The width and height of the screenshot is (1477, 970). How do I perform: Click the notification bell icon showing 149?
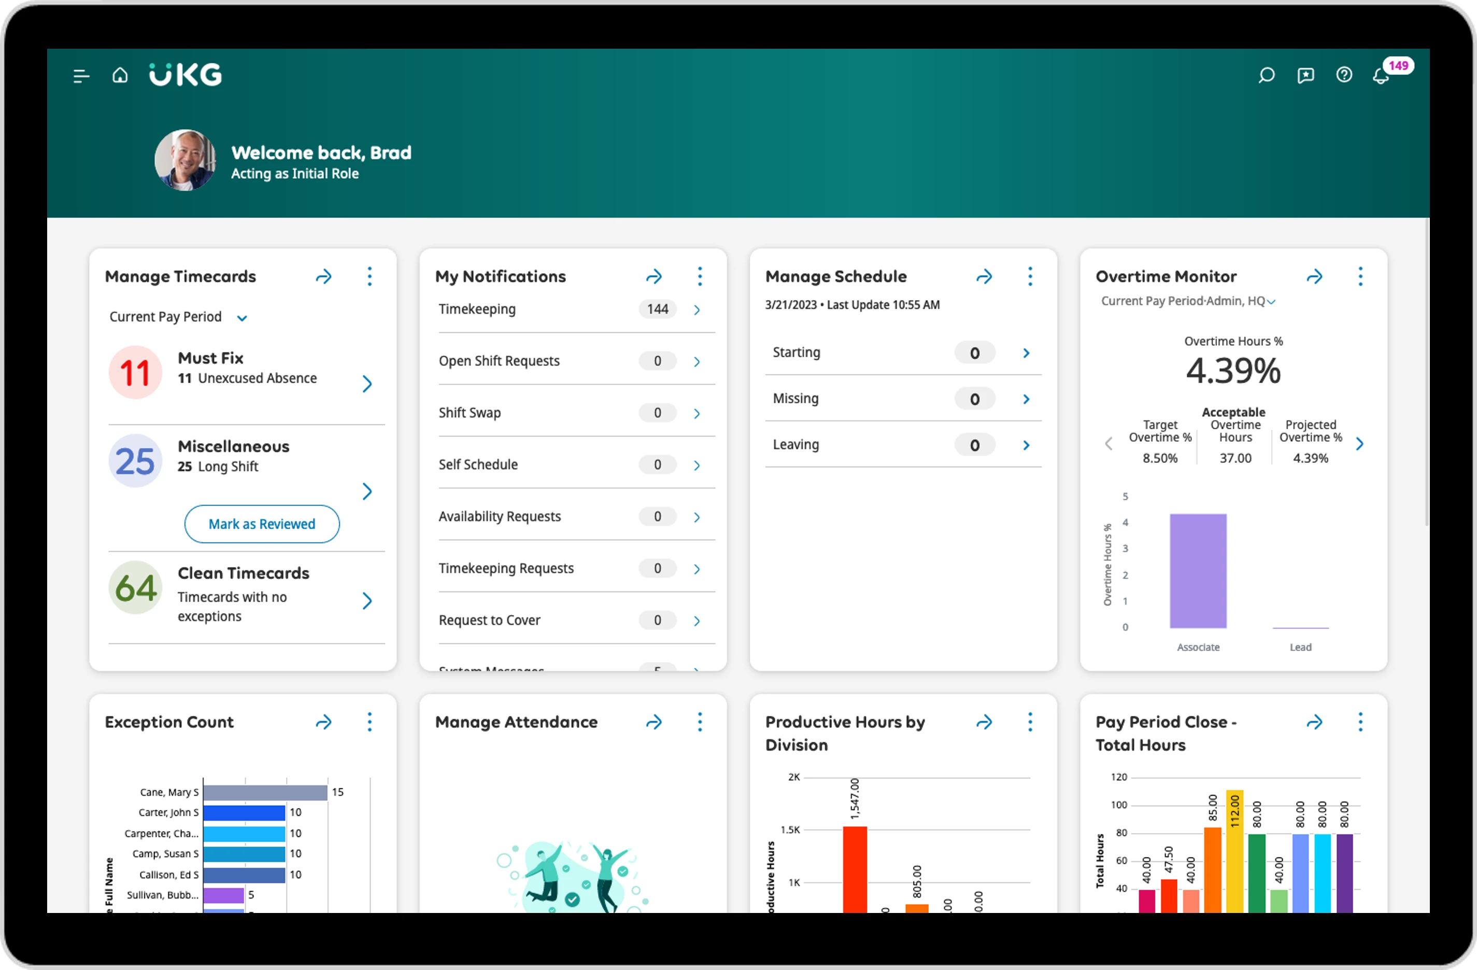(1381, 76)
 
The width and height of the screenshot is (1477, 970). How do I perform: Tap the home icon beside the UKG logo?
(120, 75)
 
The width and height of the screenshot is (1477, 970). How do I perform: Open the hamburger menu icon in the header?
(81, 76)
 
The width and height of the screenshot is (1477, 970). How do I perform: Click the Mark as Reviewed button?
(262, 524)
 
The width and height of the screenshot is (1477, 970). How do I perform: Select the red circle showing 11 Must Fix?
(135, 372)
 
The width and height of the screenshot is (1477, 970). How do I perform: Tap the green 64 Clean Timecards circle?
(135, 587)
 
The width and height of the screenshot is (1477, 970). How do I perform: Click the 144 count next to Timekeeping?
(657, 310)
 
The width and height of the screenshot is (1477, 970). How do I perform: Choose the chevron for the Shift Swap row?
(697, 414)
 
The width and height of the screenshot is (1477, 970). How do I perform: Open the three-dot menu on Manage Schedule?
(1030, 276)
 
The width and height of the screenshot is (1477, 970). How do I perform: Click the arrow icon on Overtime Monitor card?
(1314, 276)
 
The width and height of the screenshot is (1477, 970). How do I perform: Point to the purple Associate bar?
(1198, 571)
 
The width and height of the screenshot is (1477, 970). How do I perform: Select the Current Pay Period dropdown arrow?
(242, 318)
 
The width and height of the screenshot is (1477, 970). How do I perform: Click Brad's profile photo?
(185, 160)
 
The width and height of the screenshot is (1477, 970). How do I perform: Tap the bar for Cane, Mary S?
(265, 792)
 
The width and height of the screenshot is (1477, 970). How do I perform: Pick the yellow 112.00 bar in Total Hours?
(1234, 851)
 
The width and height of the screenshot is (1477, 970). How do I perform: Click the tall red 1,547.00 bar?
(855, 869)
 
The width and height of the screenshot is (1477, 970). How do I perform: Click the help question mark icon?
(1344, 75)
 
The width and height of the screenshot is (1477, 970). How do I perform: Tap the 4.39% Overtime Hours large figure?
(1233, 371)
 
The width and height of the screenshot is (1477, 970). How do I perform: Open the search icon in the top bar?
(1266, 76)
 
